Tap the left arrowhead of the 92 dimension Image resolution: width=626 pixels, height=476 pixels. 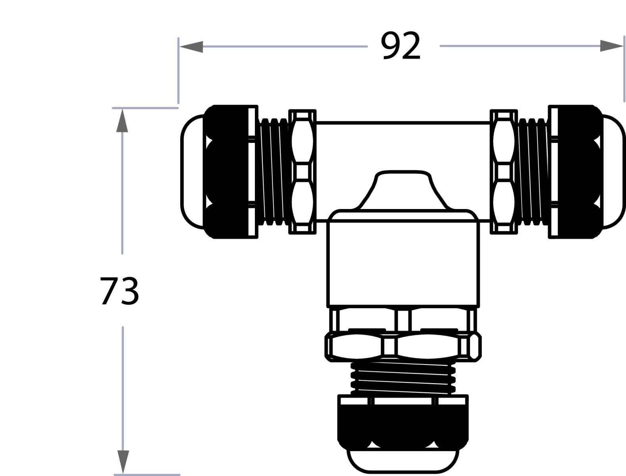191,47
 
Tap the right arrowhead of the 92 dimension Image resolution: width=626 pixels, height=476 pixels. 611,46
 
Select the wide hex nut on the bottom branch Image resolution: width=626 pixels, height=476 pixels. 403,346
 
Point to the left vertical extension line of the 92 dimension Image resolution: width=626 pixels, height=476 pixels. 178,71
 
